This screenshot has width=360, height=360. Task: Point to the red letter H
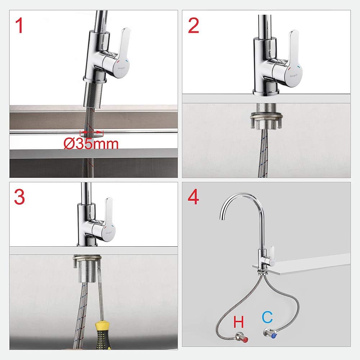239,321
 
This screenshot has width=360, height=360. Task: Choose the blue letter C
267,317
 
